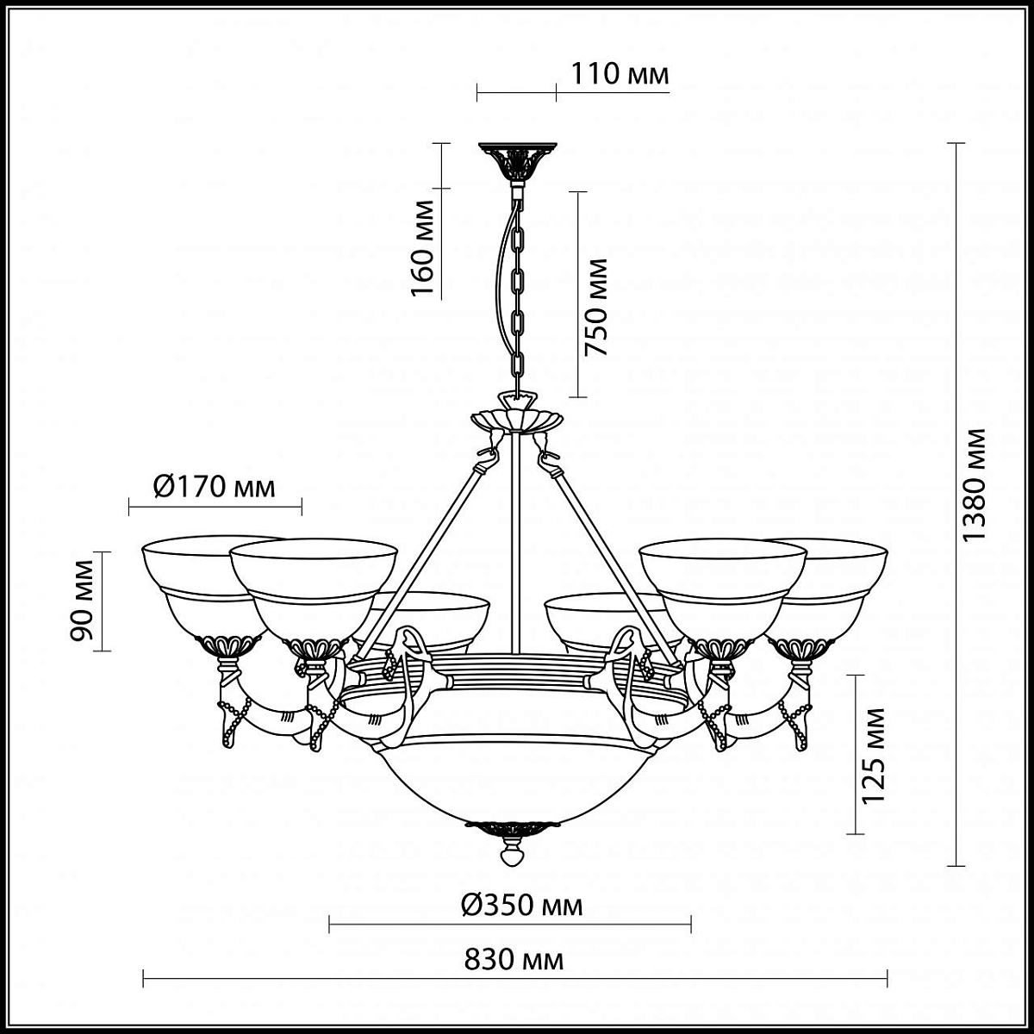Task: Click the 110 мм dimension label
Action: pos(620,74)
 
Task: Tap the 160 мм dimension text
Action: pos(422,248)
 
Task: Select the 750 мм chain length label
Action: pos(596,308)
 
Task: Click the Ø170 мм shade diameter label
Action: pos(214,487)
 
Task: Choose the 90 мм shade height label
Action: pos(81,601)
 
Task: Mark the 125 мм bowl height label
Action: pos(873,763)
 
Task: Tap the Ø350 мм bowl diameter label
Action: pos(521,906)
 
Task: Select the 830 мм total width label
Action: pos(514,960)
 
